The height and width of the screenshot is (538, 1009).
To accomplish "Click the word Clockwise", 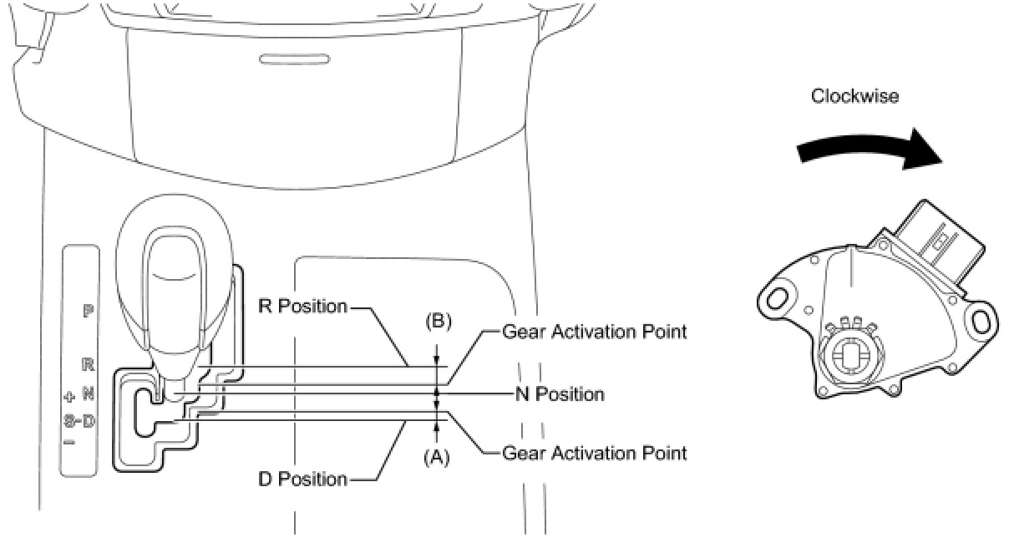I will [854, 96].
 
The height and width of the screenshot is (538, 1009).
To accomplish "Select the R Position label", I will [302, 307].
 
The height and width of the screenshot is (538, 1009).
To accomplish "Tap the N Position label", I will [570, 393].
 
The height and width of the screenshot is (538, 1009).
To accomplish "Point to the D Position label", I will [302, 479].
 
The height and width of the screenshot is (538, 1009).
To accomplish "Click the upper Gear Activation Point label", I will [594, 332].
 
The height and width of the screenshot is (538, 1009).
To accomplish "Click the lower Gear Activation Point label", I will [594, 453].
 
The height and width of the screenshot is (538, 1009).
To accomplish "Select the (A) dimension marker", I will [437, 457].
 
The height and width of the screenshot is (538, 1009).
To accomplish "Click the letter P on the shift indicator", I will [88, 312].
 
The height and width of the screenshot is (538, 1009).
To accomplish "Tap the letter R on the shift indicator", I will [88, 364].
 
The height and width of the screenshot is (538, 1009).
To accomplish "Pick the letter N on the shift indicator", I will [88, 393].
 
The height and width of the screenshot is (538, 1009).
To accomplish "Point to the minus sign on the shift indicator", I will [68, 441].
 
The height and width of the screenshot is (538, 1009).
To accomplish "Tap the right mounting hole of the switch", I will [983, 319].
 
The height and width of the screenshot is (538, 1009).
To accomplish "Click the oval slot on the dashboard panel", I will [282, 59].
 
